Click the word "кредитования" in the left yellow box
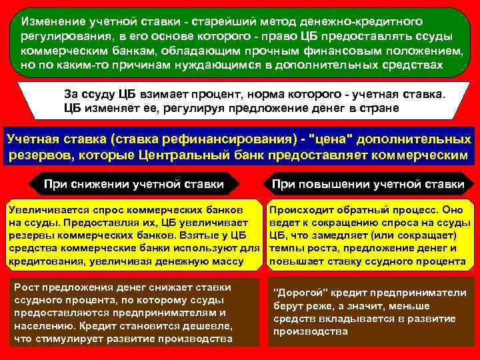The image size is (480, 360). coord(42,261)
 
